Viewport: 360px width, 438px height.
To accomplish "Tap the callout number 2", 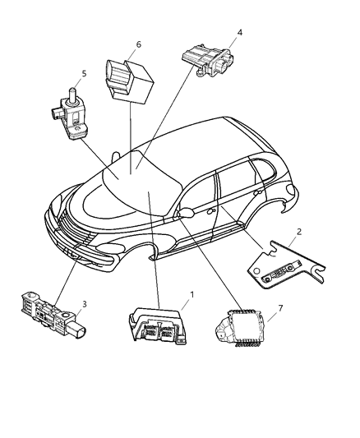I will coord(299,232).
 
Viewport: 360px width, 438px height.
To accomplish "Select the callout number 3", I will coord(84,305).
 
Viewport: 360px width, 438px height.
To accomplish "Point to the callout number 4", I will coord(239,34).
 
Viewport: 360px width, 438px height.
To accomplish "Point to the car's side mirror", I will coord(186,212).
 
